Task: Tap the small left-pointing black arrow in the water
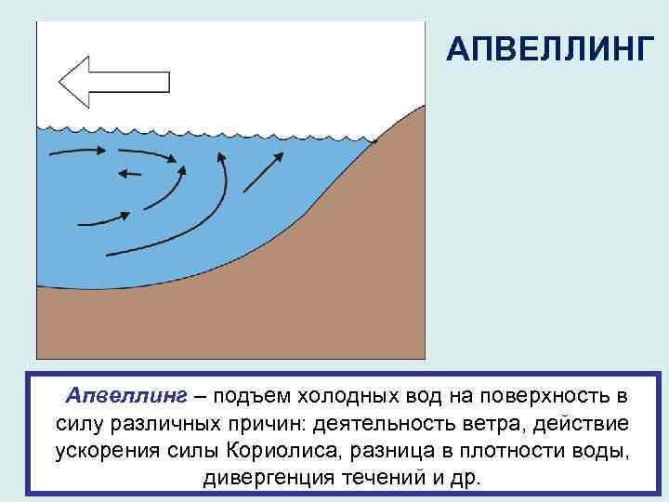(x=130, y=172)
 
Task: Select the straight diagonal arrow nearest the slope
(x=263, y=174)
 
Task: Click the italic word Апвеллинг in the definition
(x=125, y=397)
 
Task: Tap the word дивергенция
(x=258, y=478)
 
